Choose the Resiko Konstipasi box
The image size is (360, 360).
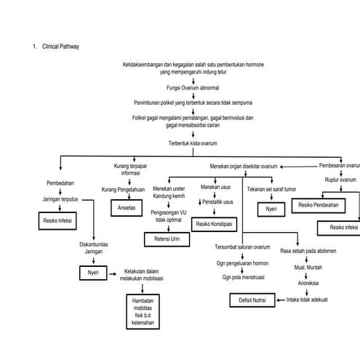[215, 225]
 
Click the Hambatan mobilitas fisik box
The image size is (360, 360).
[143, 311]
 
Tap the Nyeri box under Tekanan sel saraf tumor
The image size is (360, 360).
[271, 209]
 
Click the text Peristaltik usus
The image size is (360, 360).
[217, 201]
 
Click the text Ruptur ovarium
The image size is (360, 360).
[340, 180]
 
